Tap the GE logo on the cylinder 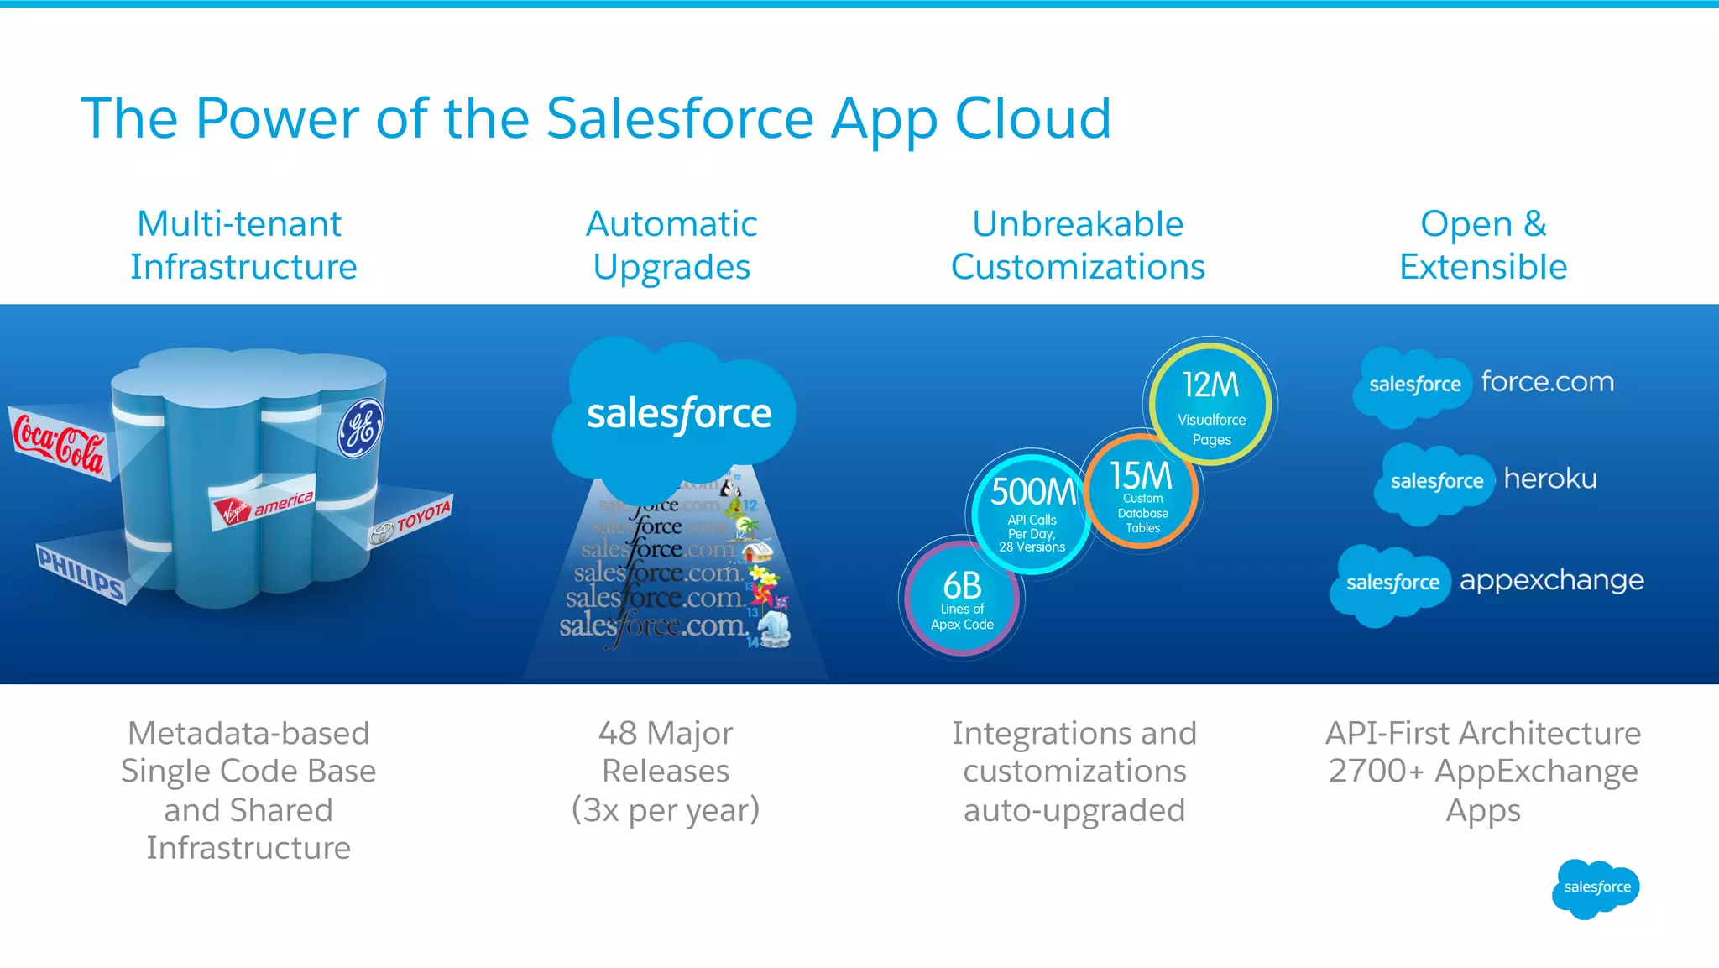coord(361,428)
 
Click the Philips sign coord(81,572)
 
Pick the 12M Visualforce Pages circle coord(1210,405)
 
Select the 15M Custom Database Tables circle coord(1142,492)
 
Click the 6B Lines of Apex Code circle coord(962,598)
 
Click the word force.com coord(1547,382)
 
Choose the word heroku coord(1549,479)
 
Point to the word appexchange coord(1551,580)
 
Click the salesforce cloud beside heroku coord(1435,482)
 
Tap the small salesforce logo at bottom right coord(1596,887)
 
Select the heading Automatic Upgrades coord(671,245)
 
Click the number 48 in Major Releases coord(618,734)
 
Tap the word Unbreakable coord(1078,224)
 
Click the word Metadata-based coord(248,734)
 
